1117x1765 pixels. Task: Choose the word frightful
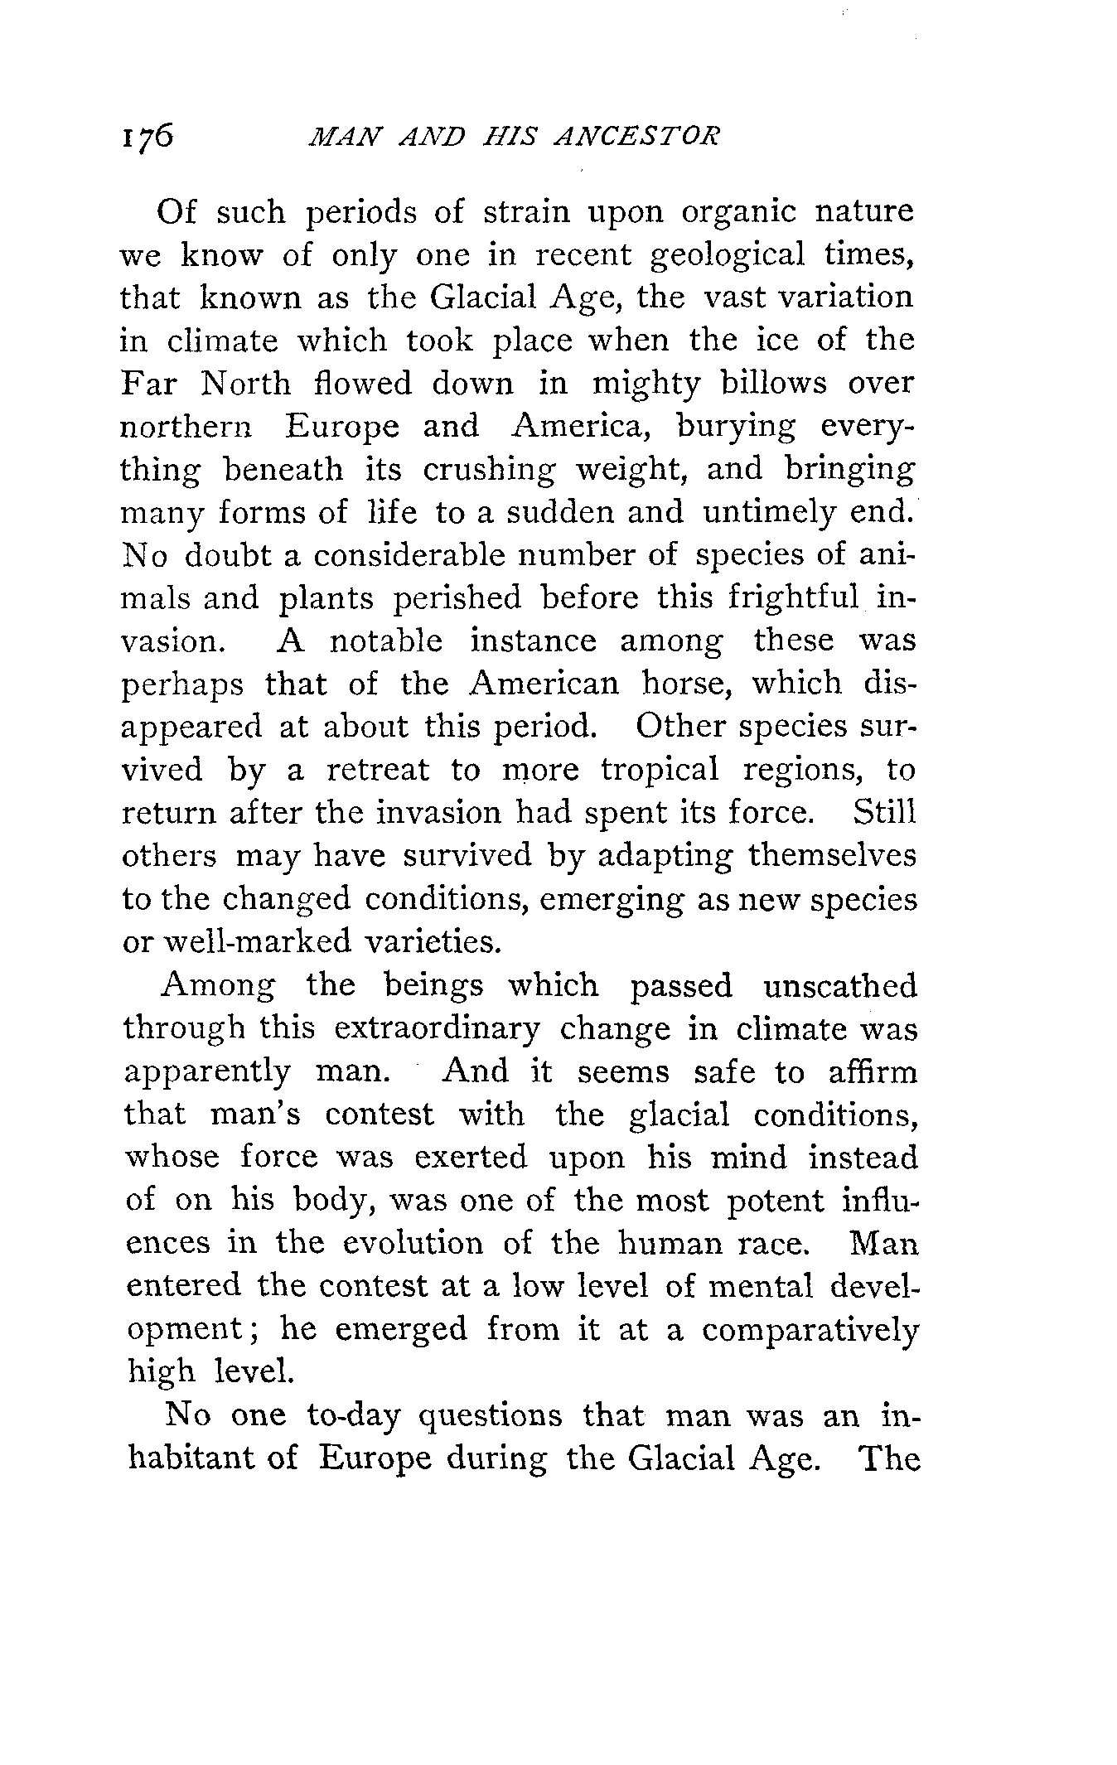point(793,598)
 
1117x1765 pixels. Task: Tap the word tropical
point(660,770)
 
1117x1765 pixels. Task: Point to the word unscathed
point(840,986)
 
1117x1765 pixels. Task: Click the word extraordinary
point(438,1029)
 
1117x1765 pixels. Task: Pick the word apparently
point(207,1073)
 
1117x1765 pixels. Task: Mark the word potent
point(776,1201)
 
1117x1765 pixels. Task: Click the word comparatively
point(810,1330)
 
